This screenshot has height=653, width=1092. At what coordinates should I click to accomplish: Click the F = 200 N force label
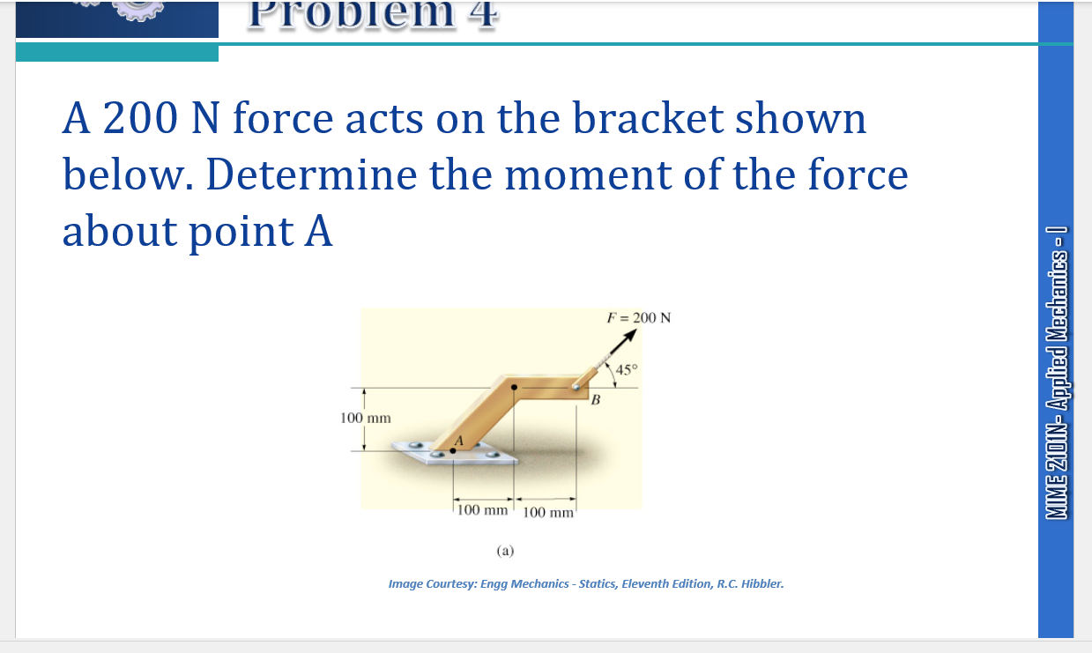pos(639,318)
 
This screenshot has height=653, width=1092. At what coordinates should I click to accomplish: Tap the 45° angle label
pos(625,369)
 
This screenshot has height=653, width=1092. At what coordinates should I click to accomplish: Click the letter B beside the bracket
pos(596,402)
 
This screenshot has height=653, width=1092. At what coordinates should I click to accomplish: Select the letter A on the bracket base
pos(458,441)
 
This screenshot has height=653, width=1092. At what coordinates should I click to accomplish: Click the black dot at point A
pos(453,450)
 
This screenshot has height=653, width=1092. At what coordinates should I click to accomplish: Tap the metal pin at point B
pos(576,384)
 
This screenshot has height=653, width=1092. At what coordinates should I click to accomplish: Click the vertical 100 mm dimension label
pos(366,418)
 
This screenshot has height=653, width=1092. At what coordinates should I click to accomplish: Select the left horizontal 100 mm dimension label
pos(482,509)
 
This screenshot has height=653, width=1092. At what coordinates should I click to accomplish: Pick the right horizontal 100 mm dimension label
pos(548,513)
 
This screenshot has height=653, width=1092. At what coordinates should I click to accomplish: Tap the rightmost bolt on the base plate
pos(494,456)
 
